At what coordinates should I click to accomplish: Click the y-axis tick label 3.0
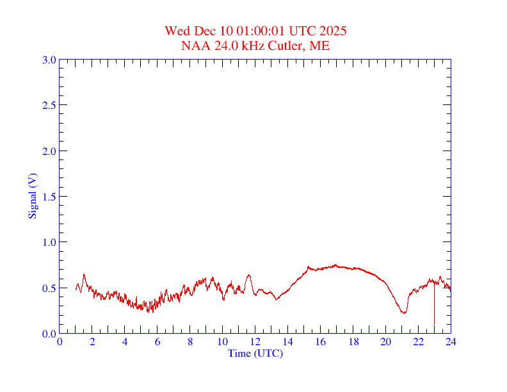[x=49, y=60]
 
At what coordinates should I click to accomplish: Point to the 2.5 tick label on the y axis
[x=49, y=105]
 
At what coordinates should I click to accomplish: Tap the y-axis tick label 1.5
[x=49, y=197]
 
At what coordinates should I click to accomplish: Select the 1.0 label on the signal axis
[x=49, y=242]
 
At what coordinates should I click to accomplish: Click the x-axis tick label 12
[x=255, y=341]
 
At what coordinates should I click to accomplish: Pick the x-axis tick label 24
[x=451, y=341]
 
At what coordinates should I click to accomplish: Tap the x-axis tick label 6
[x=157, y=341]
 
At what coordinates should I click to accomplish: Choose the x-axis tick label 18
[x=353, y=341]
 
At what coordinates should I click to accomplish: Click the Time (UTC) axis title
[x=255, y=353]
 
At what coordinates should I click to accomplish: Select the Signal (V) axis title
[x=32, y=196]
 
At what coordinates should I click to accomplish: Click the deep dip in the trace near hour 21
[x=404, y=312]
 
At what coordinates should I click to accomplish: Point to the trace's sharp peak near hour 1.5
[x=84, y=275]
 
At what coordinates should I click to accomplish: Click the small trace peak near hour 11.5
[x=248, y=275]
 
